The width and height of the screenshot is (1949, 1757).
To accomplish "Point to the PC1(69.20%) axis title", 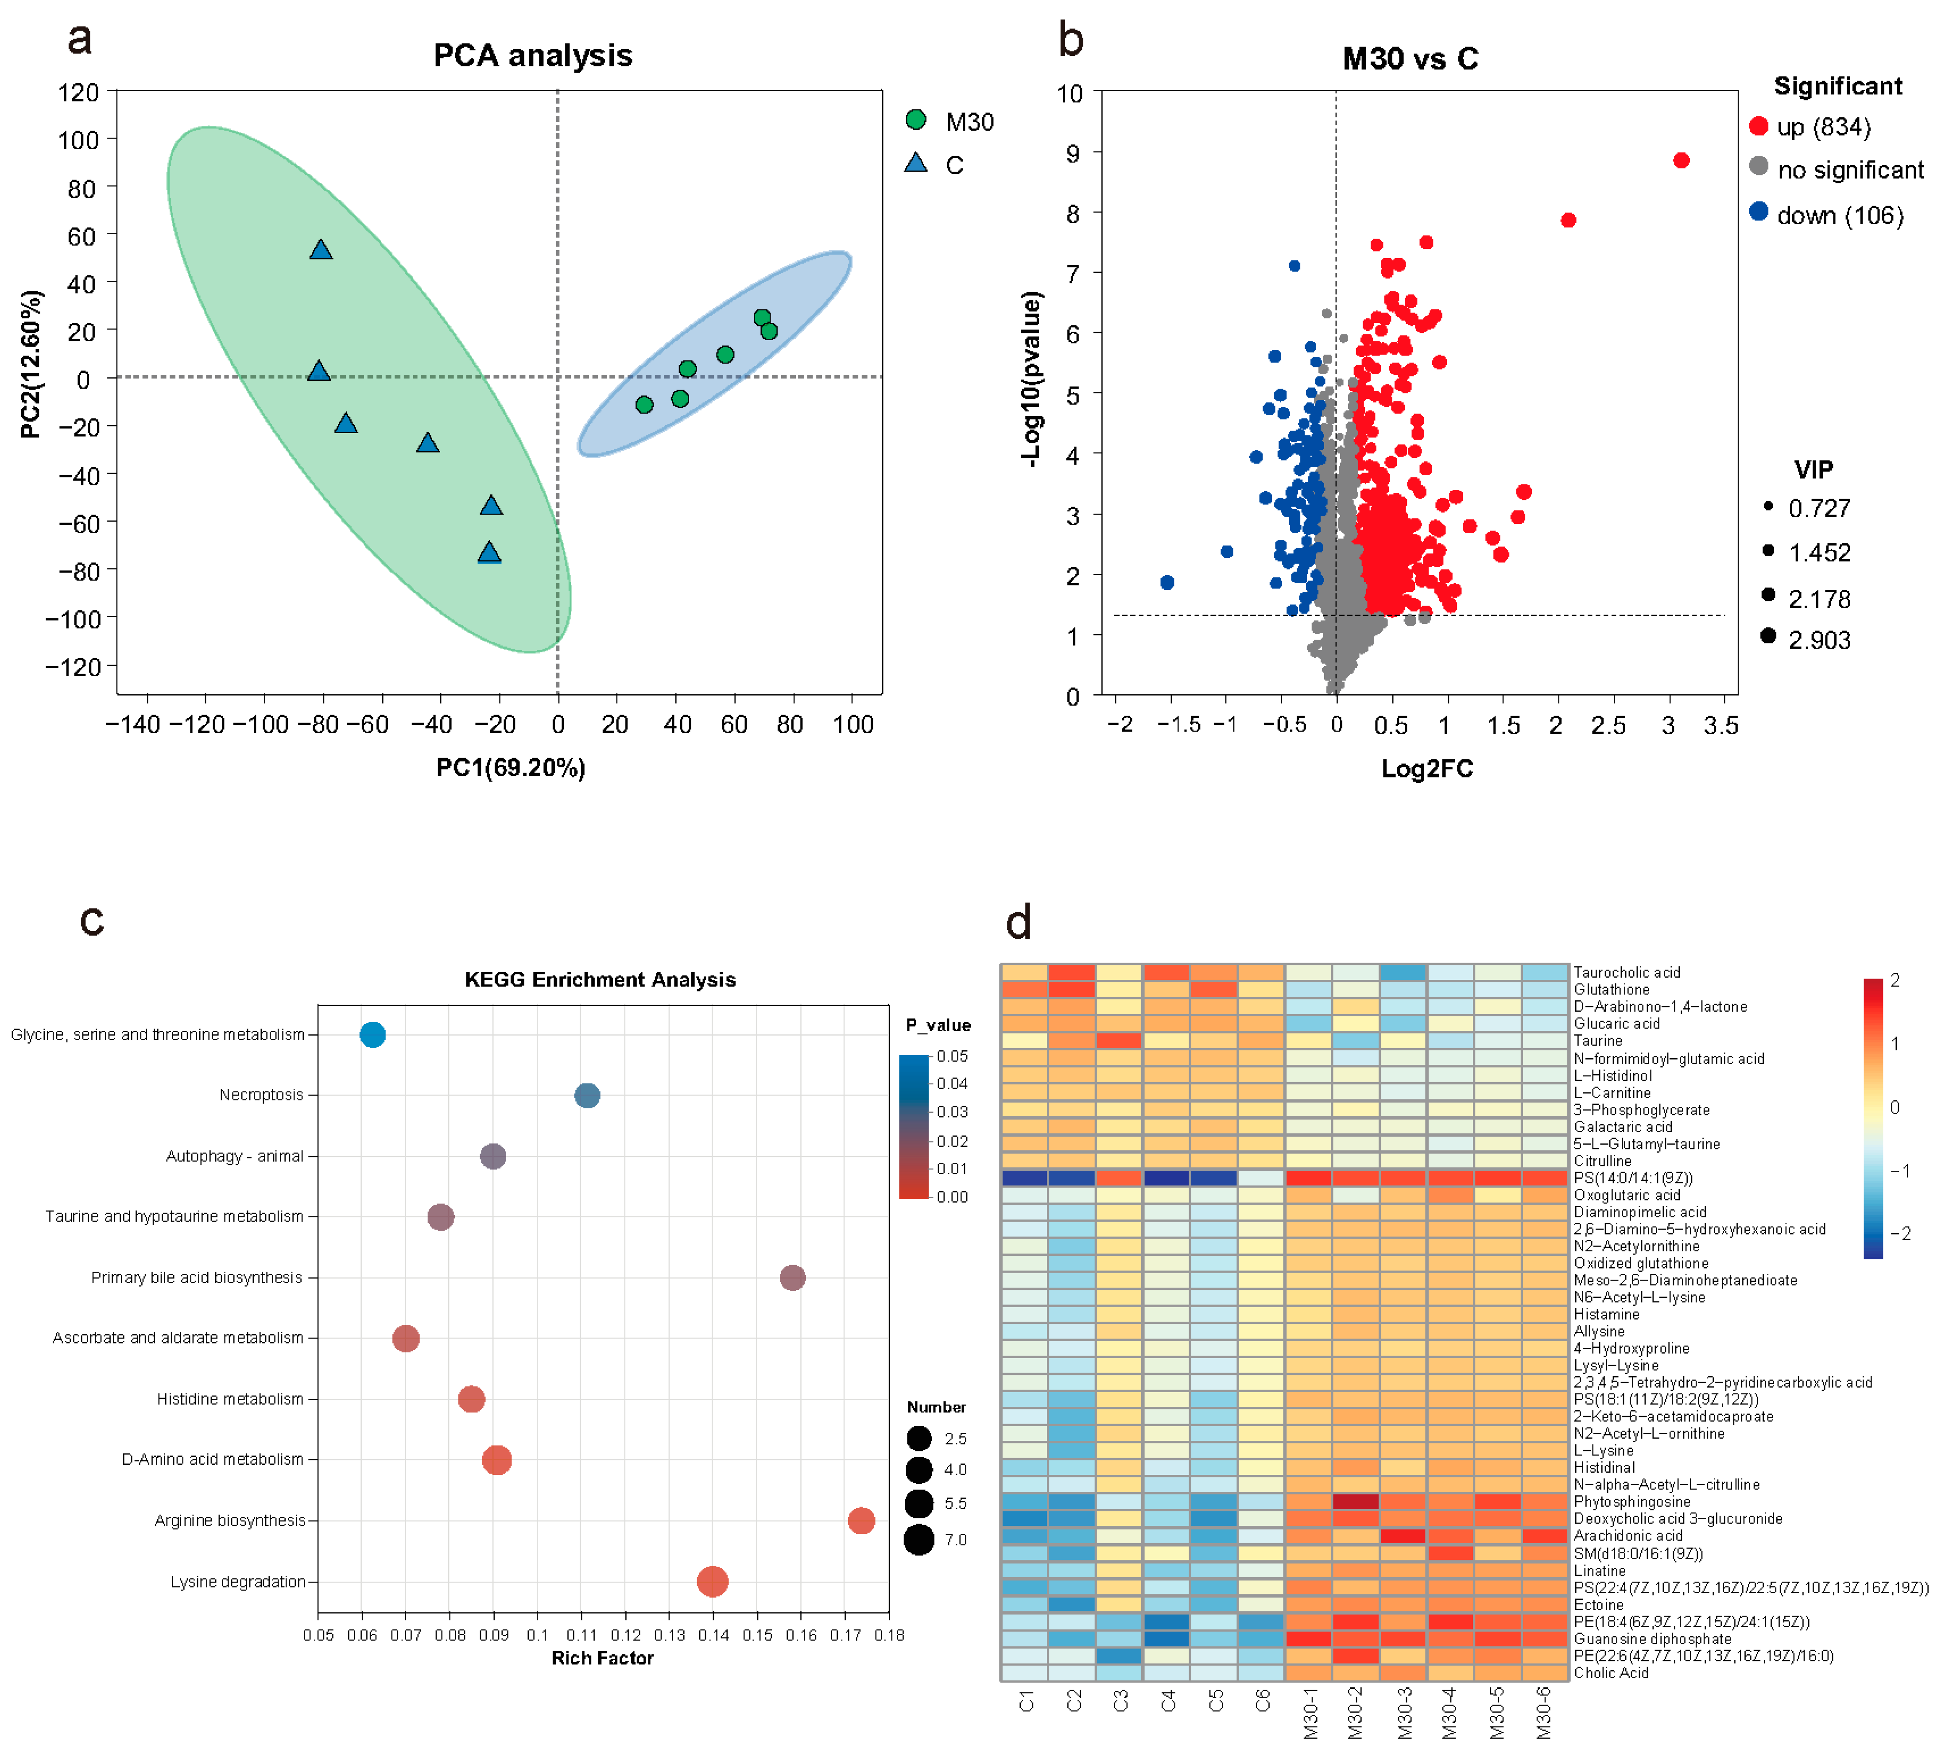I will coord(511,767).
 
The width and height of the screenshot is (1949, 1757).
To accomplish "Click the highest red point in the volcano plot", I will coord(1681,160).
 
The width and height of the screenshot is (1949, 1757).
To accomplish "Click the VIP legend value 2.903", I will coord(1819,640).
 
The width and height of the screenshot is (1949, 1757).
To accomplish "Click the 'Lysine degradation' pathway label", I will coord(237,1581).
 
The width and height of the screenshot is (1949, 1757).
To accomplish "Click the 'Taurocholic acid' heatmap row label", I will coord(1627,972).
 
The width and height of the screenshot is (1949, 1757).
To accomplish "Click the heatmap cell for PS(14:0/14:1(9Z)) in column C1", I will coord(1024,1178).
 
